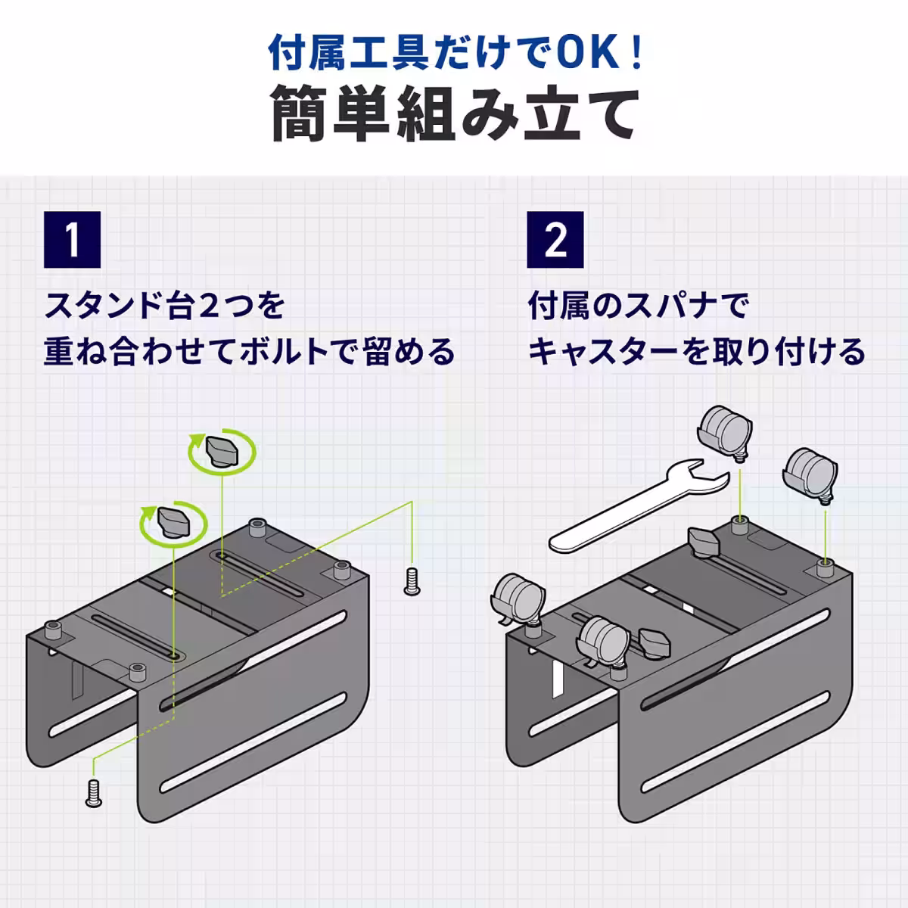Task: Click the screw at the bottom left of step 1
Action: (x=94, y=792)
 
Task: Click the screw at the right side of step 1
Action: (x=411, y=581)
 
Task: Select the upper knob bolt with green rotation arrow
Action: (x=222, y=451)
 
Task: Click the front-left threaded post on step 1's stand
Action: (x=53, y=629)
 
